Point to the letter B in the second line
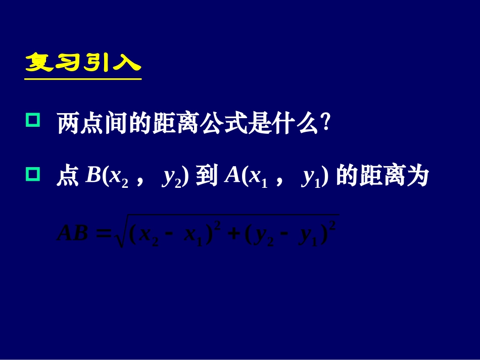(x=93, y=175)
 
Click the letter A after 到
(x=232, y=175)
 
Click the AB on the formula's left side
(x=73, y=234)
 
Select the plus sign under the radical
(x=233, y=235)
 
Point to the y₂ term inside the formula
(x=265, y=236)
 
